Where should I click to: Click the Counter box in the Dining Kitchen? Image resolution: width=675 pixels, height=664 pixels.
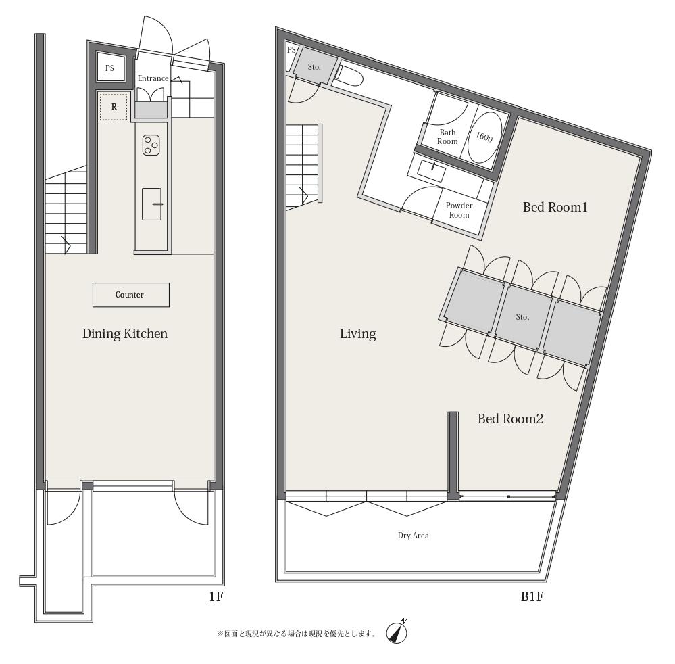coord(131,295)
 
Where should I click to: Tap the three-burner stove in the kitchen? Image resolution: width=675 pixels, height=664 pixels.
coord(151,145)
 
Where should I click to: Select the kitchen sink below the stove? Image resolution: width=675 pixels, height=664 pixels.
coord(151,204)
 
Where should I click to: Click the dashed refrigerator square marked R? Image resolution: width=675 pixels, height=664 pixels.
coord(114,107)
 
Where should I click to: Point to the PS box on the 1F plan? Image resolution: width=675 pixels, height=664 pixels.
coord(110,68)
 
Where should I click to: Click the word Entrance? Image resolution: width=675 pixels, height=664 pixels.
coord(153,78)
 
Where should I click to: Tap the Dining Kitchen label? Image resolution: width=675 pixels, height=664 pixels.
coord(125,334)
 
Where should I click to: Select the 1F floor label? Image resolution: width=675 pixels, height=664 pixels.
coord(216,597)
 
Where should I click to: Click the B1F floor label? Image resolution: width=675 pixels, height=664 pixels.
coord(532,597)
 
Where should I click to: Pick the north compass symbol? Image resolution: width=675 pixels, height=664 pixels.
coord(397,632)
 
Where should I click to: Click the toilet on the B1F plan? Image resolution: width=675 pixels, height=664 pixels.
coord(348,76)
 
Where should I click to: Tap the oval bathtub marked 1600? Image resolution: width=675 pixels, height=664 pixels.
coord(484,137)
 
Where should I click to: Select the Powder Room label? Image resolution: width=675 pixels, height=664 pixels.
coord(459,210)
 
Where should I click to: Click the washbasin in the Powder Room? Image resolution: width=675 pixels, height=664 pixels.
coord(432,170)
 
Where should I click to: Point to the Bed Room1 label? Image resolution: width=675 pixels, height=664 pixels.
coord(555,208)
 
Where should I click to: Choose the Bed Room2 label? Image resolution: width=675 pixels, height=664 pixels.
coord(511,419)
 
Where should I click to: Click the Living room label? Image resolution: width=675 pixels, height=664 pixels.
coord(357,334)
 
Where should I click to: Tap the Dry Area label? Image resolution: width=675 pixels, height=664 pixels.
coord(414,536)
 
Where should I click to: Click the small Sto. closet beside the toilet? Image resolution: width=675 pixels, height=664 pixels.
coord(315,66)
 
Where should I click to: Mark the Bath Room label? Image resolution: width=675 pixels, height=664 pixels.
coord(448,137)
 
